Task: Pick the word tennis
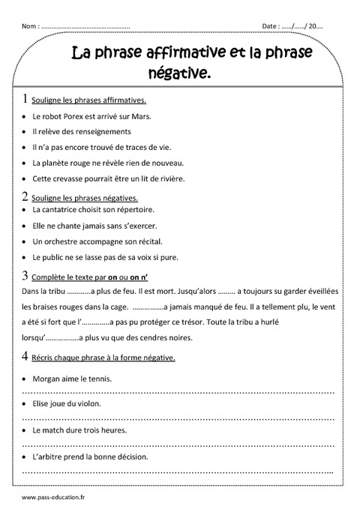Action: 100,379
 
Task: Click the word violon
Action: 87,403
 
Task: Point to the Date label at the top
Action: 271,26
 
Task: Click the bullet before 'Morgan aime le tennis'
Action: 25,379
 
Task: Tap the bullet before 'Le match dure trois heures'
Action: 25,430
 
